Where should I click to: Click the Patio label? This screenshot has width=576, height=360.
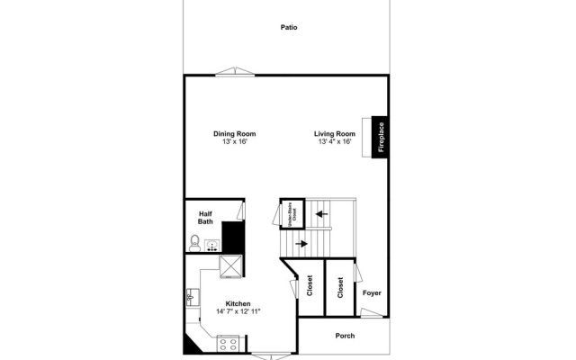[x=288, y=27]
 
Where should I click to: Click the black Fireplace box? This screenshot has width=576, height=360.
[x=381, y=138]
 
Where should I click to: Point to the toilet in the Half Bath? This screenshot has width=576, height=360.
[x=193, y=241]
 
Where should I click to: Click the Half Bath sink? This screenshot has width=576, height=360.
[x=212, y=244]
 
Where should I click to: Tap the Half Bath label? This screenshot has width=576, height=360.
[x=205, y=217]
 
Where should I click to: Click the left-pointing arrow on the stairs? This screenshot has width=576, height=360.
[x=320, y=214]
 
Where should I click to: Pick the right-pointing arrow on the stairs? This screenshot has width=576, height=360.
[x=301, y=242]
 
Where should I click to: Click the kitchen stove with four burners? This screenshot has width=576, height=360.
[x=229, y=342]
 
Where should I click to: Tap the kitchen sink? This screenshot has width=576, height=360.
[x=192, y=298]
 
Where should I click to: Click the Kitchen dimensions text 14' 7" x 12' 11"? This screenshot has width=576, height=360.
[x=238, y=311]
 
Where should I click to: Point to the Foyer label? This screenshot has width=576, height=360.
[x=372, y=292]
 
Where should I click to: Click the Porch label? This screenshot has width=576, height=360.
[x=345, y=336]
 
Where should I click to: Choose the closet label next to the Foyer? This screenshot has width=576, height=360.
[x=340, y=287]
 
